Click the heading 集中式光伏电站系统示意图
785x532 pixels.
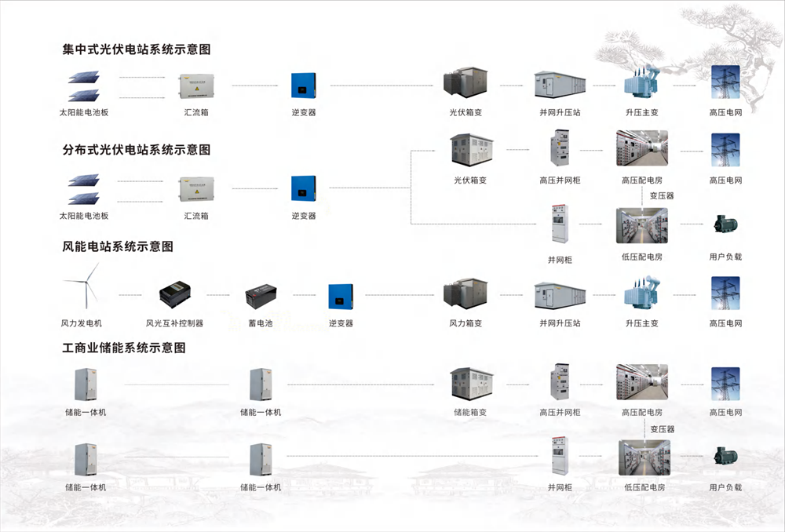(137, 49)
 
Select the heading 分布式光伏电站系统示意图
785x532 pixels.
(137, 149)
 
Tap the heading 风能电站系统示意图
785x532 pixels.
(118, 246)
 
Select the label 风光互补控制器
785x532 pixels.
(174, 323)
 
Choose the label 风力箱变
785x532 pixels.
(466, 323)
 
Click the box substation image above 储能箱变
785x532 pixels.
(471, 384)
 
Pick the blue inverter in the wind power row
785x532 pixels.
(341, 296)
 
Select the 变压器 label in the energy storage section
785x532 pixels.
(662, 429)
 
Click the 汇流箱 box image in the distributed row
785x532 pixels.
(195, 188)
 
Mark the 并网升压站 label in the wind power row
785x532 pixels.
(560, 323)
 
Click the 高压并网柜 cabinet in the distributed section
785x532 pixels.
(560, 148)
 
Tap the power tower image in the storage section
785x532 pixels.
(725, 384)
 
